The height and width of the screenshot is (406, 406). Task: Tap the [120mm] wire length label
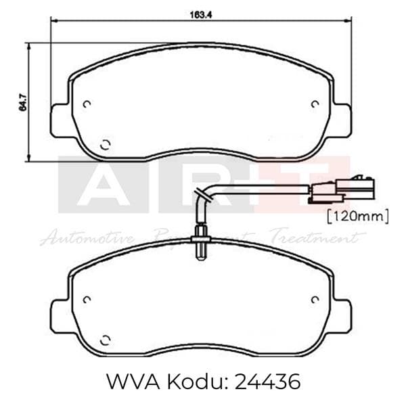pyautogui.click(x=357, y=217)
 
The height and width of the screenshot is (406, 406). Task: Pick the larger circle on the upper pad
pyautogui.click(x=105, y=143)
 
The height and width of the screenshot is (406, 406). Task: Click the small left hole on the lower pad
pyautogui.click(x=87, y=298)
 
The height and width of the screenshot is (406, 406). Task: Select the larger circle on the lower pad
pyautogui.click(x=105, y=338)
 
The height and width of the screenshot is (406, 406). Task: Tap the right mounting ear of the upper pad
pyautogui.click(x=342, y=121)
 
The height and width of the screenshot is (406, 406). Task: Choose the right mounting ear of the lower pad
pyautogui.click(x=342, y=316)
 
